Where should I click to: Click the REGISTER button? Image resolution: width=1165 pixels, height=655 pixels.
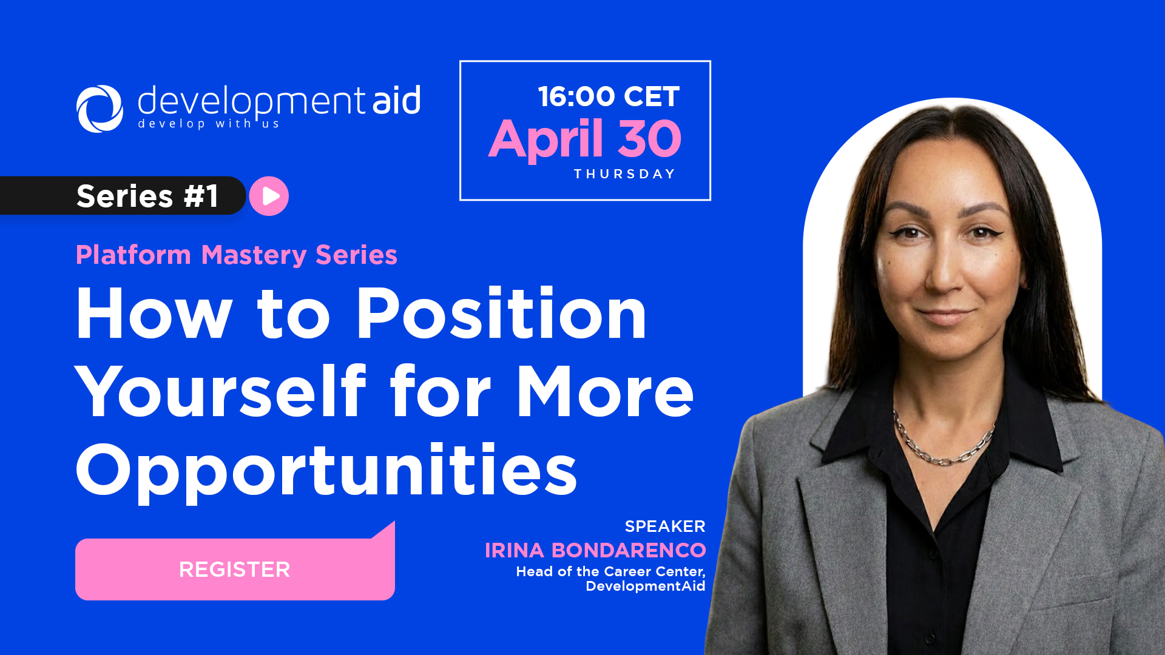[235, 569]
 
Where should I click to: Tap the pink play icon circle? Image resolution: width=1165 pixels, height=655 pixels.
[269, 196]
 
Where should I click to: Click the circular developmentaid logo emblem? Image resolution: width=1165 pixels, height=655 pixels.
[100, 109]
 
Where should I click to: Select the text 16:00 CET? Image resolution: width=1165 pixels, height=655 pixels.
[609, 97]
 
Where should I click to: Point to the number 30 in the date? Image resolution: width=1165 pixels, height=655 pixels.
[649, 139]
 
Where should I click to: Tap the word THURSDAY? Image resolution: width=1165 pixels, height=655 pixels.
[625, 174]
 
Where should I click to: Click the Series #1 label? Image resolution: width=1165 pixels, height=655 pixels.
[147, 196]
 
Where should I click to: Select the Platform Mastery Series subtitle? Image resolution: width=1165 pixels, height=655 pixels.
[237, 255]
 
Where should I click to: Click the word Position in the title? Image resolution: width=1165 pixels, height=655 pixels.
[501, 314]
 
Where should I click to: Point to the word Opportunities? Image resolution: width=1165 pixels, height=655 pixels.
[326, 470]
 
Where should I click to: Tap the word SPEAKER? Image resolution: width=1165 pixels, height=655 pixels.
[665, 526]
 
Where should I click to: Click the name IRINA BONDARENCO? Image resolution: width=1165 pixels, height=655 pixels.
[595, 550]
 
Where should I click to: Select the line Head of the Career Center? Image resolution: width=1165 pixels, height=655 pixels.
[610, 571]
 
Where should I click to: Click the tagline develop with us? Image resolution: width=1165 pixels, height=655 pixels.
[208, 124]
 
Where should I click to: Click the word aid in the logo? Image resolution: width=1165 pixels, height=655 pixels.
[396, 100]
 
